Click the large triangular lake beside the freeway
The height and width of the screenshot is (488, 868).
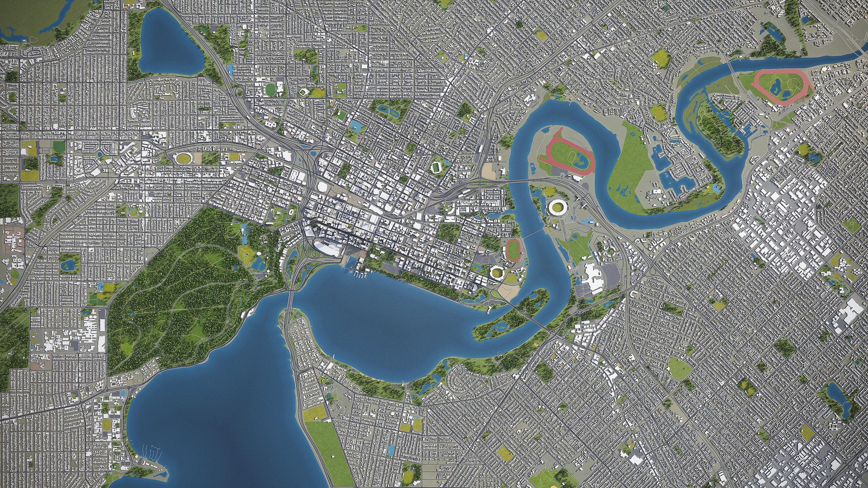(168, 43)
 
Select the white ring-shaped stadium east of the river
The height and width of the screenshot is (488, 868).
(556, 208)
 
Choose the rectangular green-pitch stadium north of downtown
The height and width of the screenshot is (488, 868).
(436, 168)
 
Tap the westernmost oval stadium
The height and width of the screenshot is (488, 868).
(184, 158)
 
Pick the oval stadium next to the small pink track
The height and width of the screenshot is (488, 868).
(496, 272)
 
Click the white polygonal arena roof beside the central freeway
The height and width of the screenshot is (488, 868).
(323, 187)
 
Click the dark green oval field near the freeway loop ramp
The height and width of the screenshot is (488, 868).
(270, 89)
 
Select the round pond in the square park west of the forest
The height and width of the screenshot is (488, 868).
(69, 264)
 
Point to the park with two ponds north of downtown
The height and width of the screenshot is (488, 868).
(391, 110)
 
